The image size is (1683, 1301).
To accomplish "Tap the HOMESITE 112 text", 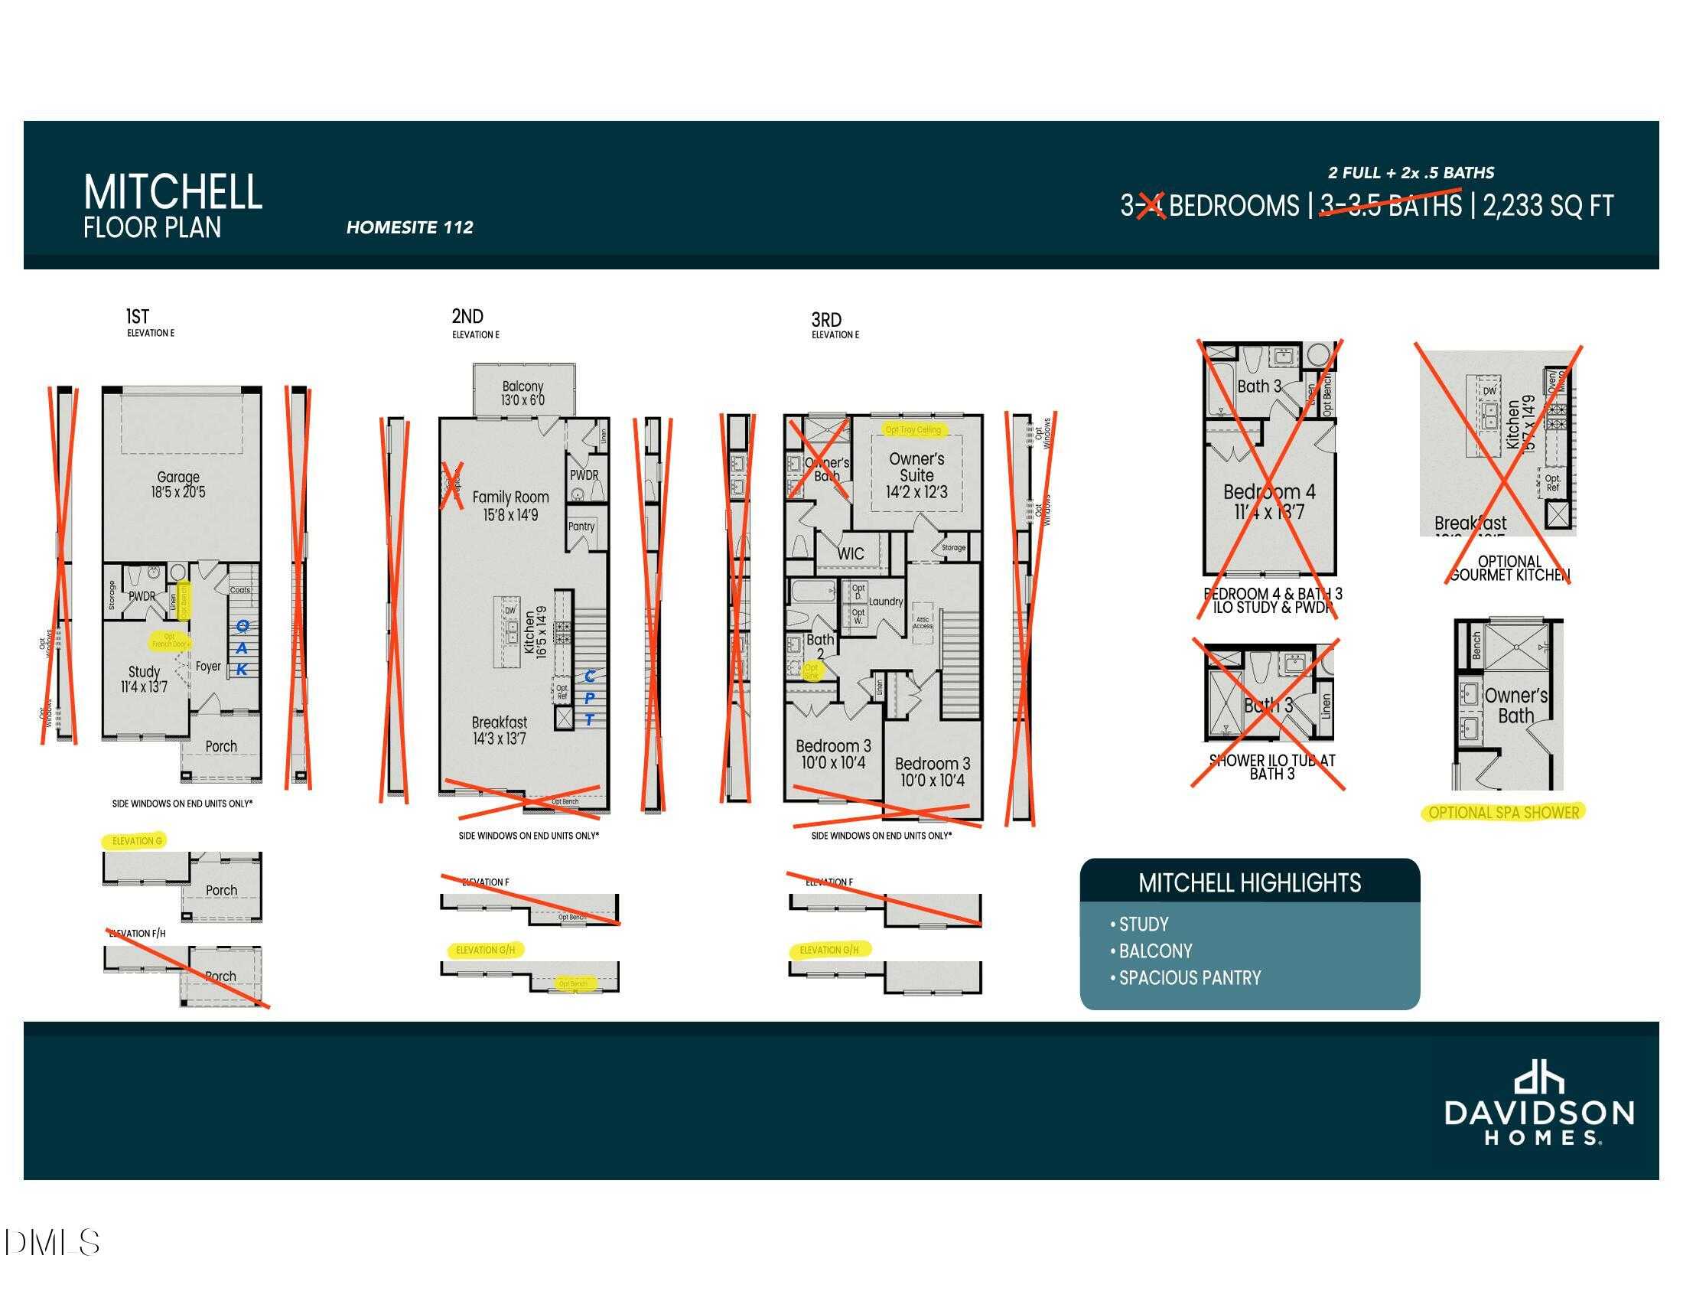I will click(x=409, y=227).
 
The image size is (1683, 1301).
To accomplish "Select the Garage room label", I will click(x=178, y=484).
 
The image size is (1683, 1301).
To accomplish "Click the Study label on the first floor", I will click(x=144, y=678).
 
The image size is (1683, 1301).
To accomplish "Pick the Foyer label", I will click(x=208, y=667).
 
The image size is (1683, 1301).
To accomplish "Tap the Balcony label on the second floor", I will click(x=522, y=393).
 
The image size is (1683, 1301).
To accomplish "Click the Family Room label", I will click(x=510, y=506).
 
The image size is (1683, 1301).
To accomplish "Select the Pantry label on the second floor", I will click(x=581, y=527).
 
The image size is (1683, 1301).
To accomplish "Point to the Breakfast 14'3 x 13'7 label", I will click(x=500, y=730).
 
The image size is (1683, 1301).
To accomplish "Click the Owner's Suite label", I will click(x=916, y=474).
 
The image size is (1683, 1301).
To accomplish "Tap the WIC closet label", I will click(x=851, y=553).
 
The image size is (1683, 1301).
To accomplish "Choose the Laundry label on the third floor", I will click(x=885, y=602).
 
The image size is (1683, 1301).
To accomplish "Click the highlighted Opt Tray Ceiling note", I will click(x=913, y=429).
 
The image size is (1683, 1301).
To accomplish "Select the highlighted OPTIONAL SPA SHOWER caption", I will click(x=1503, y=812).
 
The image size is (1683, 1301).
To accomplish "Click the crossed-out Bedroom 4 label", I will click(x=1269, y=501).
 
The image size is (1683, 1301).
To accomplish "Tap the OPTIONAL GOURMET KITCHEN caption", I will click(x=1509, y=568).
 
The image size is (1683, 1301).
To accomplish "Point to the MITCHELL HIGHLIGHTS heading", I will click(x=1249, y=882).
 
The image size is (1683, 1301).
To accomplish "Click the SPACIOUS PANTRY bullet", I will click(x=1189, y=978).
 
